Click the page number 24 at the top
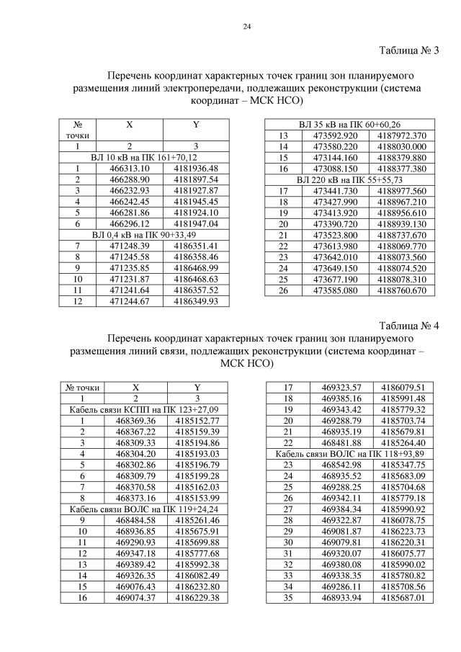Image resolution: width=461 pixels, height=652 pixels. tap(246, 27)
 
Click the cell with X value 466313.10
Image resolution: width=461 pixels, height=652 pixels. tap(129, 169)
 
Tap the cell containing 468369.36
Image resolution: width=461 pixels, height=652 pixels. tap(135, 421)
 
